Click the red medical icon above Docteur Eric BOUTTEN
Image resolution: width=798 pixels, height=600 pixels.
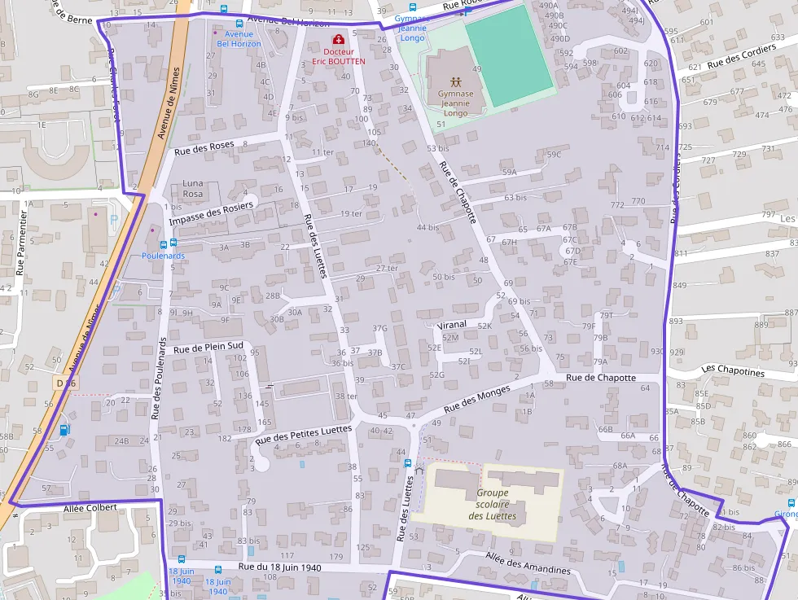coord(338,39)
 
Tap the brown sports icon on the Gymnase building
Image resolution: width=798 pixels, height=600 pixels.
coord(456,81)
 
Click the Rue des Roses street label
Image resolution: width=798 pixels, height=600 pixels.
coord(204,147)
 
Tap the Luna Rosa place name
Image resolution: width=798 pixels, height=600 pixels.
coord(192,189)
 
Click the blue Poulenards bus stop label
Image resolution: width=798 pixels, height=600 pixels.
coord(163,256)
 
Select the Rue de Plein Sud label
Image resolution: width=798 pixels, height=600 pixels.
coord(208,347)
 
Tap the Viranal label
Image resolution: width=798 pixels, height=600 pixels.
coord(451,324)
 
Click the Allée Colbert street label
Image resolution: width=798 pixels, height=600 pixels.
coord(90,507)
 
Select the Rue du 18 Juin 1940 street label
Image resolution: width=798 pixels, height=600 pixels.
coord(280,567)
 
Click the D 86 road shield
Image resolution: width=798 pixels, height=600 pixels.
coord(66,382)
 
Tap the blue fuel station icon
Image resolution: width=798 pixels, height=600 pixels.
coord(64,430)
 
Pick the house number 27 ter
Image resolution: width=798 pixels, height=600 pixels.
coord(387,268)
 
